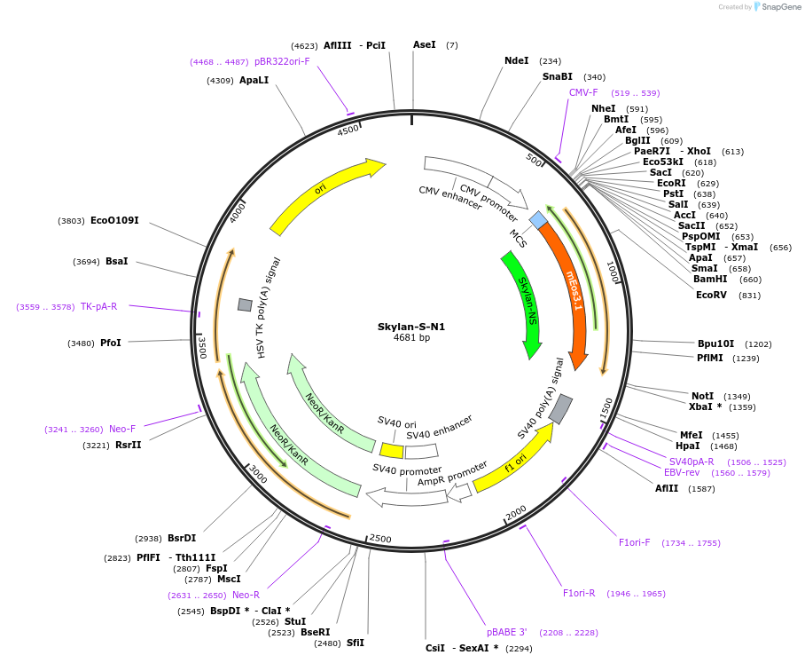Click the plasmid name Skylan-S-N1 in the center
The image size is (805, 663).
click(x=411, y=327)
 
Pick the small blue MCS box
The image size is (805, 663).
click(x=538, y=219)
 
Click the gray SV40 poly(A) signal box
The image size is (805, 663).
click(x=560, y=408)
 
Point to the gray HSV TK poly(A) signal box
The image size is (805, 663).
click(x=245, y=304)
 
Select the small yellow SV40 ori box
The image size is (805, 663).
click(x=391, y=451)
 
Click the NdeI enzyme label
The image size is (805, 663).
click(x=516, y=60)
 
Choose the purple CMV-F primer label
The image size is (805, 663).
click(x=583, y=92)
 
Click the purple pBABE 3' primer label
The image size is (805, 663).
click(x=507, y=632)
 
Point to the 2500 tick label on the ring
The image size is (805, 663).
click(x=380, y=539)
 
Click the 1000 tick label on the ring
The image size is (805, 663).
click(x=612, y=271)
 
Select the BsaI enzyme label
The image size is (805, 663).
click(x=116, y=261)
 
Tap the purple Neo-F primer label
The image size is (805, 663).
click(x=122, y=429)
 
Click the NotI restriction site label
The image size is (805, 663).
click(x=702, y=396)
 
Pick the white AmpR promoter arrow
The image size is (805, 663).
click(x=459, y=491)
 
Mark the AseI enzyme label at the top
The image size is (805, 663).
click(x=425, y=44)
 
